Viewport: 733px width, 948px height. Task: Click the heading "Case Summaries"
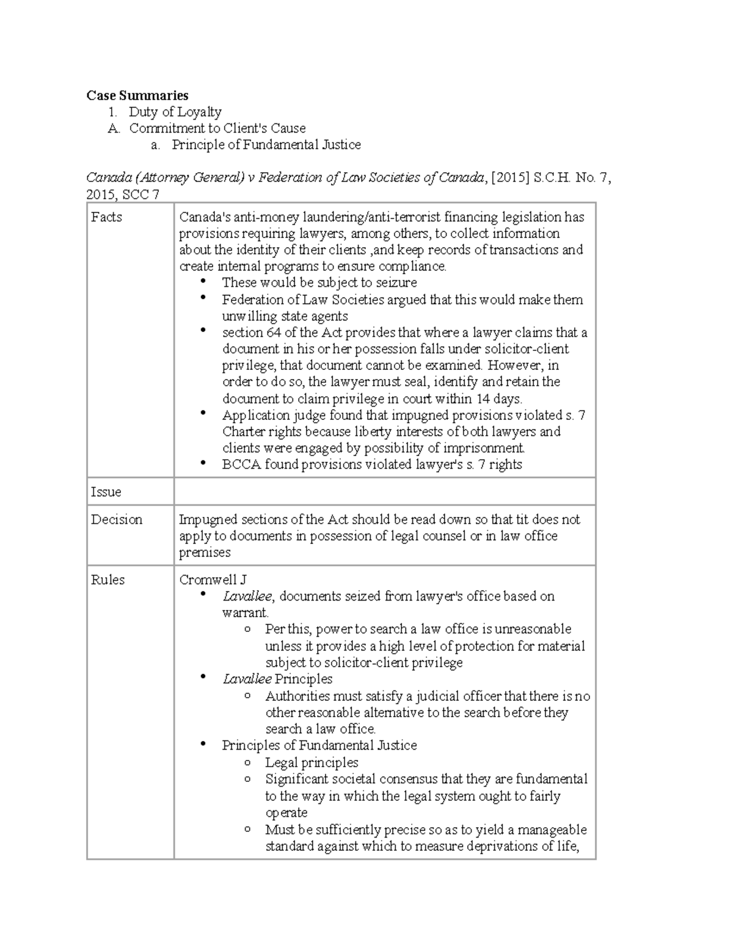[x=137, y=95]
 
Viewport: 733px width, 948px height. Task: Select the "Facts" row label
[x=106, y=217]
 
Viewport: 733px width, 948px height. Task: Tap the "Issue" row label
[x=106, y=492]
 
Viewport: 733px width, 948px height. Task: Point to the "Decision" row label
[x=116, y=519]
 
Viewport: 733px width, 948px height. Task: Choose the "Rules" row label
[x=108, y=580]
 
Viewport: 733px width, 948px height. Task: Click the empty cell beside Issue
[x=384, y=491]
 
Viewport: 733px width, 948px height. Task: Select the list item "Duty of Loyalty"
[x=175, y=112]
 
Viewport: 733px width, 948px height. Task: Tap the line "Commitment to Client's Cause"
[x=217, y=128]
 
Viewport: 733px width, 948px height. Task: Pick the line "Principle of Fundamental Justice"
[x=266, y=145]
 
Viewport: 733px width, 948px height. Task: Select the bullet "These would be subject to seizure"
[x=319, y=283]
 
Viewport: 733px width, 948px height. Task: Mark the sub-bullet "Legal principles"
[x=312, y=762]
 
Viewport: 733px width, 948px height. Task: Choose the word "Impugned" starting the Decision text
[x=208, y=519]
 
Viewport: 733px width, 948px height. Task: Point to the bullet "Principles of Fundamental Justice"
[x=319, y=745]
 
